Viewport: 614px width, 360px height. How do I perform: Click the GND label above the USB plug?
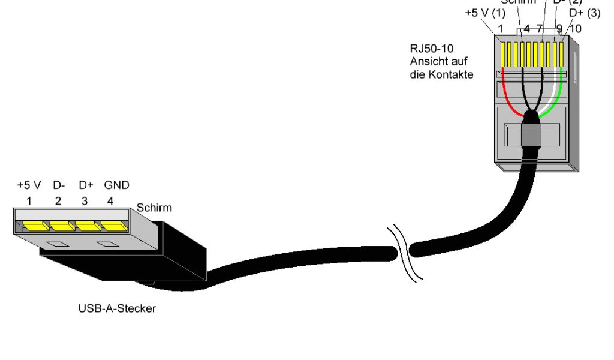pyautogui.click(x=117, y=185)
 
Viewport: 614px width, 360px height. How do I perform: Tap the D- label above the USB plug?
pyautogui.click(x=58, y=185)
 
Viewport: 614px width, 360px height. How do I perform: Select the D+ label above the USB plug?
pyautogui.click(x=86, y=185)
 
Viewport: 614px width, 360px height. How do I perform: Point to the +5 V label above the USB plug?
pyautogui.click(x=28, y=185)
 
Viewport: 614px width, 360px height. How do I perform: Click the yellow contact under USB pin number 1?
pyautogui.click(x=33, y=226)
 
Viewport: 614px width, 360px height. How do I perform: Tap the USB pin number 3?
pyautogui.click(x=85, y=202)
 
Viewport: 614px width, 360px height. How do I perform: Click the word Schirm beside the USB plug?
pyautogui.click(x=154, y=208)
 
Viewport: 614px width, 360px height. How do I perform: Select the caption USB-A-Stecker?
pyautogui.click(x=117, y=309)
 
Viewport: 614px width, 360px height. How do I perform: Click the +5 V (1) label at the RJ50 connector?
pyautogui.click(x=485, y=13)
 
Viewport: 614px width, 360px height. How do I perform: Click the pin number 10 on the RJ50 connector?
pyautogui.click(x=576, y=28)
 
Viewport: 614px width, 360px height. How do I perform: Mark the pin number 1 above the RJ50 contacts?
pyautogui.click(x=499, y=28)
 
